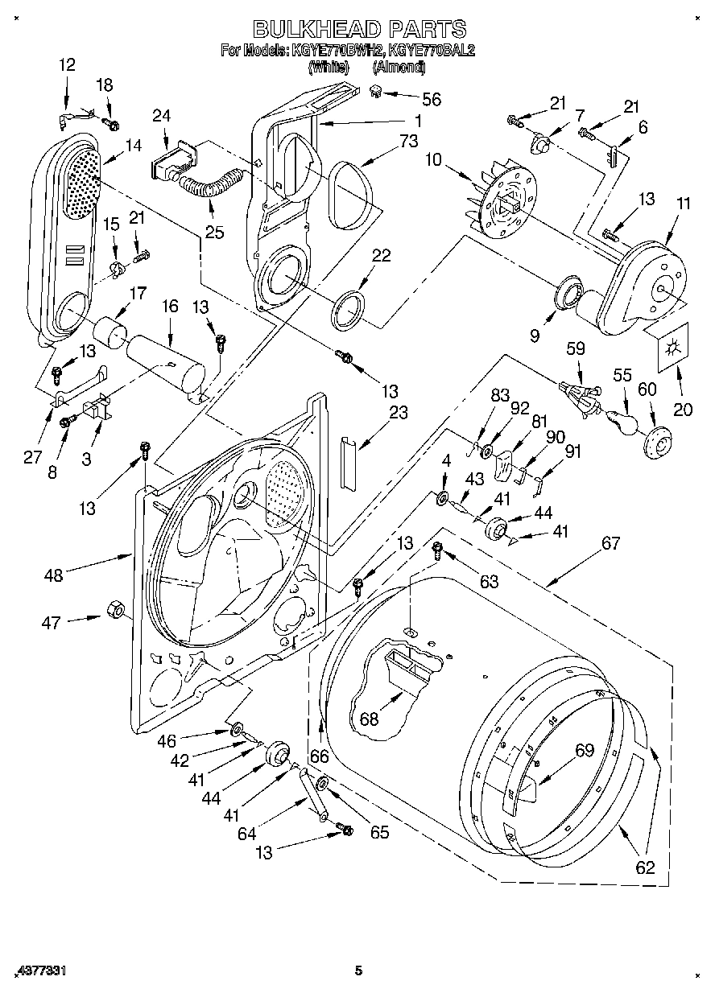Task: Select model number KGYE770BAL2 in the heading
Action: [x=432, y=50]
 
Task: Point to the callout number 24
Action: [x=161, y=116]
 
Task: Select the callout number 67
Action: [x=610, y=543]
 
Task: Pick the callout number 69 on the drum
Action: [x=584, y=751]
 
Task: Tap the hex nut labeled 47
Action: [x=114, y=611]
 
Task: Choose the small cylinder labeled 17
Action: [x=110, y=330]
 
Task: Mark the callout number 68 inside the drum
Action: [x=369, y=719]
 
